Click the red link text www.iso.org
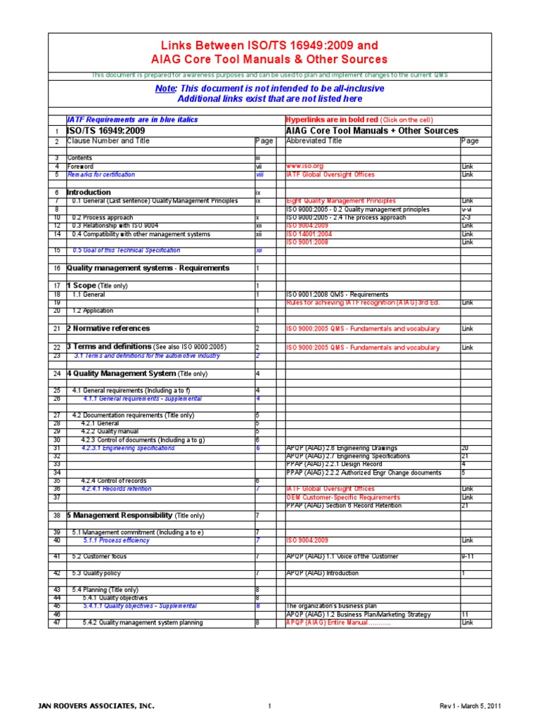(304, 167)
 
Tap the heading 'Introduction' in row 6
(89, 192)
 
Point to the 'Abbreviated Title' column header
(314, 141)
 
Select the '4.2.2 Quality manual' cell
(109, 431)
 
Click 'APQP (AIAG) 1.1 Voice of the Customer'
(342, 556)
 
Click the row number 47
(57, 622)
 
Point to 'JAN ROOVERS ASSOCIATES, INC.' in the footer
(96, 706)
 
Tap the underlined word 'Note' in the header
(166, 89)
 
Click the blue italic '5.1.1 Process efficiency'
(116, 541)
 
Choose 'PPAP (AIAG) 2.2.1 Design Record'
(334, 464)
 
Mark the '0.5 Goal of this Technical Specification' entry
(126, 250)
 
